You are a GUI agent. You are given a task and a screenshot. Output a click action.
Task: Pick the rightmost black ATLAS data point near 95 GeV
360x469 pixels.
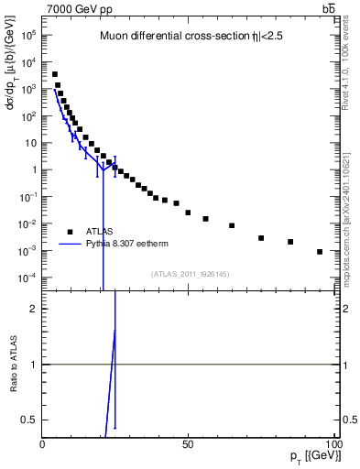point(320,252)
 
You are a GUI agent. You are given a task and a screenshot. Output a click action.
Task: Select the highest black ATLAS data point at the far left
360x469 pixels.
point(55,74)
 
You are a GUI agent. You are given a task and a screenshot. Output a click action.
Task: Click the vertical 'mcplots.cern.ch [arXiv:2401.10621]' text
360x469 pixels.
point(352,215)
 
